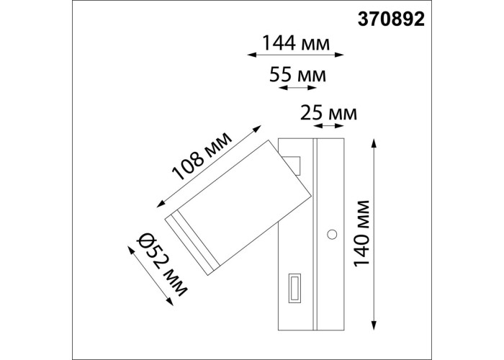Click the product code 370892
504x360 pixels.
pos(391,19)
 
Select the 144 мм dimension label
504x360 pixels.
pos(296,43)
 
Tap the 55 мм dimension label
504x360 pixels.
pos(297,75)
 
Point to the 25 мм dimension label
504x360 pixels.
pos(328,113)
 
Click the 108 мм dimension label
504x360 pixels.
pos(202,156)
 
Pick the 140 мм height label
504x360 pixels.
pos(361,234)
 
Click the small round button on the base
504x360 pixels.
pos(332,234)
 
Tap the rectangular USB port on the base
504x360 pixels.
pos(294,288)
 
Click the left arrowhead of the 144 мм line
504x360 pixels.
pos(251,55)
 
